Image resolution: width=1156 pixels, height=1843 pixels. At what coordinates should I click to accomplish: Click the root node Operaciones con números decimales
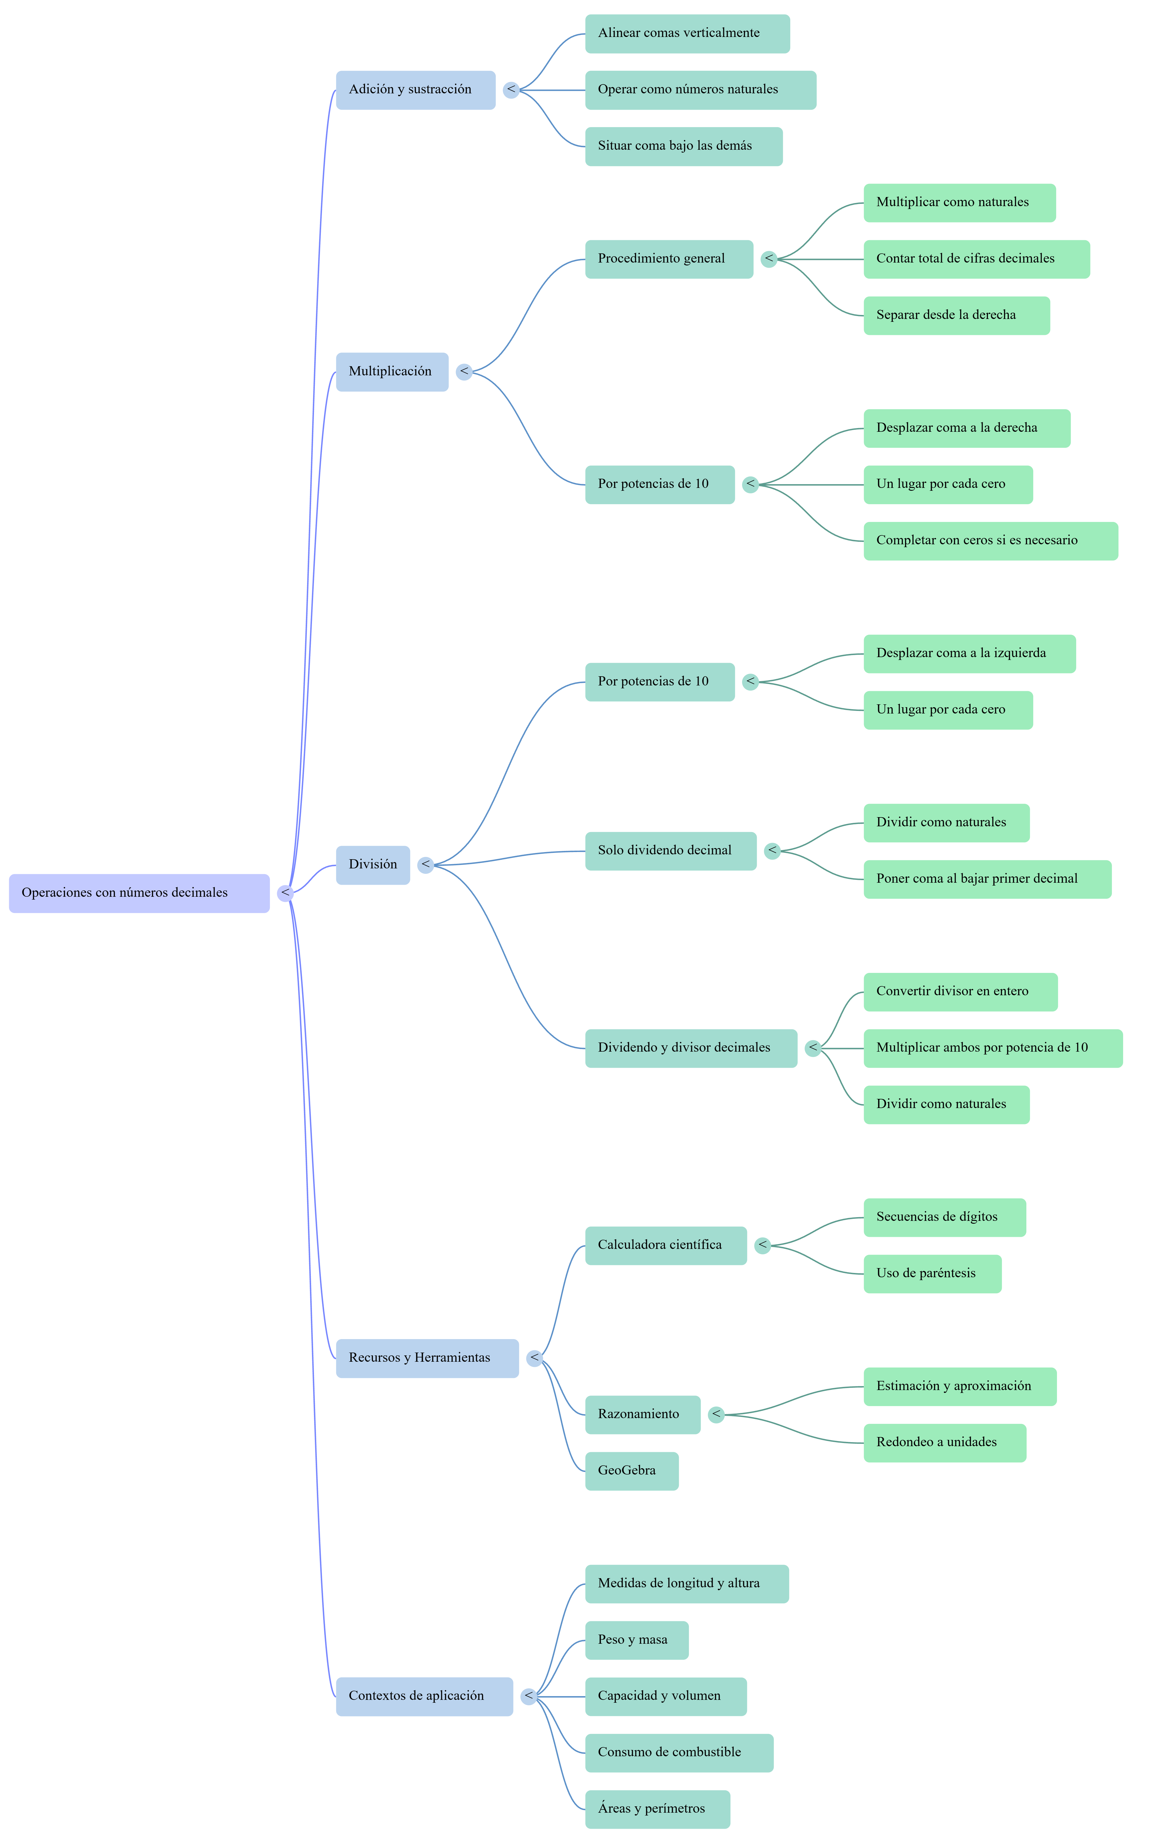click(139, 893)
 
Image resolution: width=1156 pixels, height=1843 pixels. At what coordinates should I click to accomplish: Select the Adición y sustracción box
click(416, 90)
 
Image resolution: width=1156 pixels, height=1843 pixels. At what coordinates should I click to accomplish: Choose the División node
click(373, 865)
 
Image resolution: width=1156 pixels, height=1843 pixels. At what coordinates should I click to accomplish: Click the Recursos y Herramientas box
click(427, 1358)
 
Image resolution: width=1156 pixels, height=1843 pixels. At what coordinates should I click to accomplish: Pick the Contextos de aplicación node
click(424, 1696)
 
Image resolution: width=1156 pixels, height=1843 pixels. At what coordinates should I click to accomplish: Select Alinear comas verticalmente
click(687, 34)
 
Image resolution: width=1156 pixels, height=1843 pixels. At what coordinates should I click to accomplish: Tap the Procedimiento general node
click(669, 259)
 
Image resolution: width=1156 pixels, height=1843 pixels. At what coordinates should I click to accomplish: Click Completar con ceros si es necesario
click(991, 541)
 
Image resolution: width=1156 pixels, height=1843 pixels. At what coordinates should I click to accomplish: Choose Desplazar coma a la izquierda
click(969, 654)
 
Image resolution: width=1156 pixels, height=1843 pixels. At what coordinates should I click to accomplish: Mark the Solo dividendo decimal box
click(671, 851)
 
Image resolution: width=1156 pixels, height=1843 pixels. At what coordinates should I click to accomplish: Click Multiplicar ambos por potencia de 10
click(993, 1048)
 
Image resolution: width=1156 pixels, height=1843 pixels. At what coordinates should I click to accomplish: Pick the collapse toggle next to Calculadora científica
click(762, 1246)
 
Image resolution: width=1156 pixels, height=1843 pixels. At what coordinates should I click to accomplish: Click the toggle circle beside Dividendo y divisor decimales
click(813, 1048)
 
